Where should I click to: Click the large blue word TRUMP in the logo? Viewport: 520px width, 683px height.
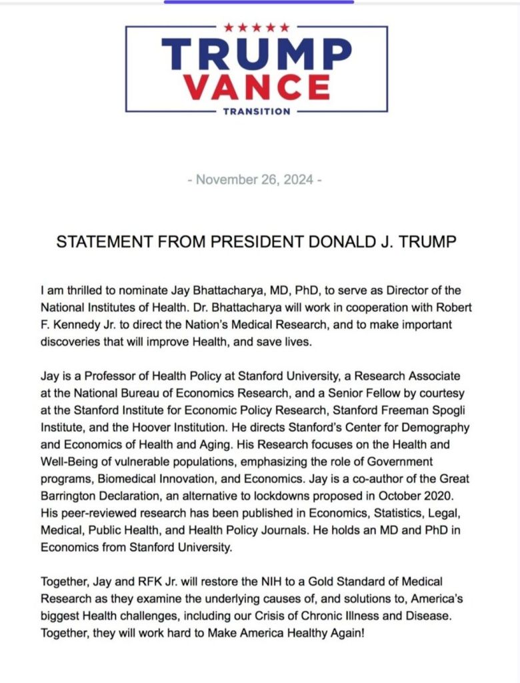pos(257,54)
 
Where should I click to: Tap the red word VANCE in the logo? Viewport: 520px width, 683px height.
pos(257,87)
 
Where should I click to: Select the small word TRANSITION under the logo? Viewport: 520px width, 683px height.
pos(257,111)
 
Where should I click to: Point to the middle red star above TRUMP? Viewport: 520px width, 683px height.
pos(257,27)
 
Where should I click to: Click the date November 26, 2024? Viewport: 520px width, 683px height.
pos(256,180)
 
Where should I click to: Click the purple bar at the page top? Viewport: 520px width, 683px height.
pos(259,2)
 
